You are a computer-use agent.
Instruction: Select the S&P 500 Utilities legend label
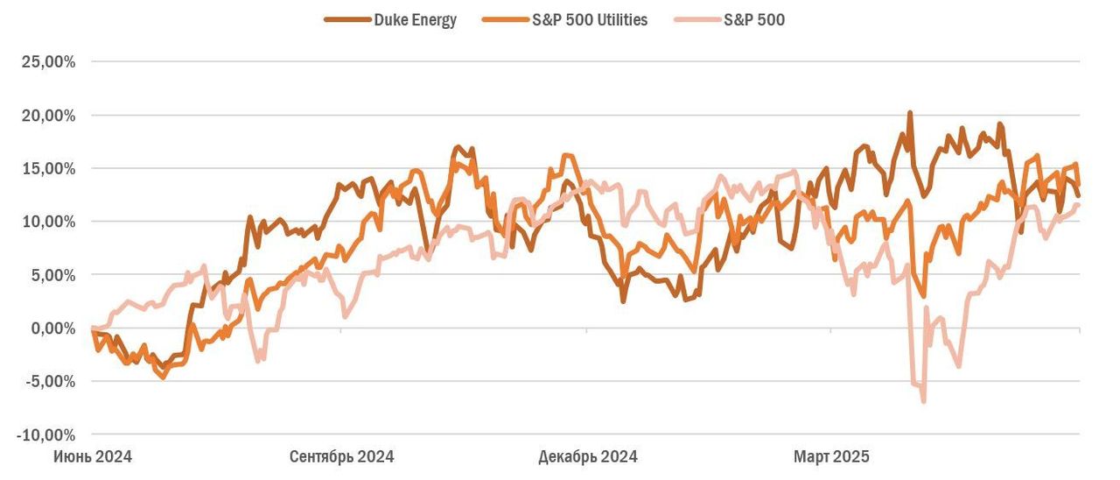tap(590, 20)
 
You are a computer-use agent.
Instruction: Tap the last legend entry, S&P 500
tap(755, 20)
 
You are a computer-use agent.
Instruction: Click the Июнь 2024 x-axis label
tap(93, 456)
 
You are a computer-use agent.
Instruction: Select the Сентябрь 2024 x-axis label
tap(341, 456)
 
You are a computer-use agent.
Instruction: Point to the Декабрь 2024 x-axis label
tap(587, 456)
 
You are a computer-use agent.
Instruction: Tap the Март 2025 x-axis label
tap(831, 456)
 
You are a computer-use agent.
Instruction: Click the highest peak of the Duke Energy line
tap(910, 113)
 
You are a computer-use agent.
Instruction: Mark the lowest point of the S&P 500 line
tap(923, 401)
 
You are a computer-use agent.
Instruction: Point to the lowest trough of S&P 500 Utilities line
tap(163, 378)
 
